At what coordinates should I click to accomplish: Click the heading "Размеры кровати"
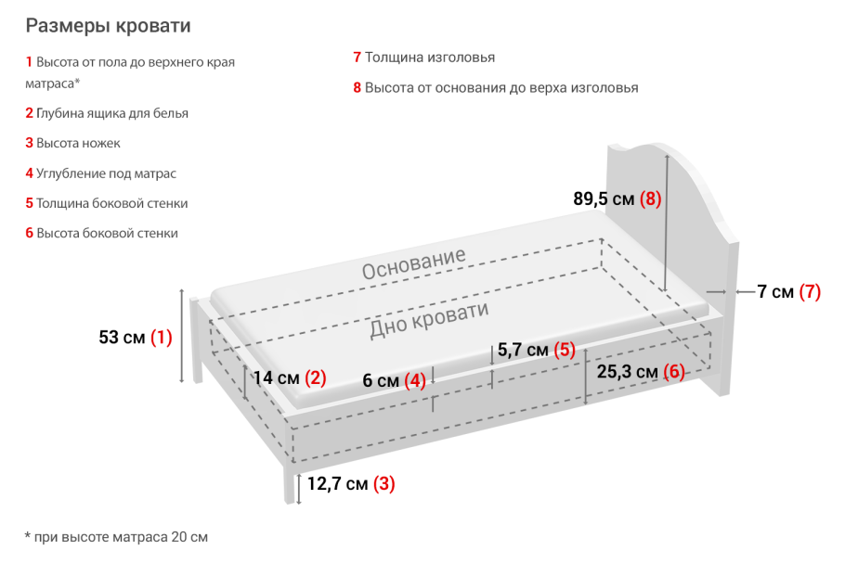pyautogui.click(x=108, y=25)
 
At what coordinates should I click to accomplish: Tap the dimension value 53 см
pyautogui.click(x=122, y=338)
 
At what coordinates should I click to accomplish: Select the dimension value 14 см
pyautogui.click(x=276, y=378)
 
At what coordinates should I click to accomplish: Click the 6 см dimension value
pyautogui.click(x=381, y=381)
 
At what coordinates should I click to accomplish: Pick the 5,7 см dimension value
pyautogui.click(x=525, y=351)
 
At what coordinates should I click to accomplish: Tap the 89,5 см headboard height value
pyautogui.click(x=604, y=198)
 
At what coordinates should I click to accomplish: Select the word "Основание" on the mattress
pyautogui.click(x=413, y=264)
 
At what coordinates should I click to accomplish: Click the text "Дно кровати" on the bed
pyautogui.click(x=428, y=320)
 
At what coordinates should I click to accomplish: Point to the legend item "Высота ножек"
pyautogui.click(x=78, y=143)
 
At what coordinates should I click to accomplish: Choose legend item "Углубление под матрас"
pyautogui.click(x=106, y=173)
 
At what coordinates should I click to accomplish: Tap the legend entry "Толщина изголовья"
pyautogui.click(x=429, y=58)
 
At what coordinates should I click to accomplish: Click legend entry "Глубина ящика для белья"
pyautogui.click(x=112, y=113)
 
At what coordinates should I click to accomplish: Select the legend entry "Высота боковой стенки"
pyautogui.click(x=107, y=233)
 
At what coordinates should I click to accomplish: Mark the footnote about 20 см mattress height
pyautogui.click(x=116, y=537)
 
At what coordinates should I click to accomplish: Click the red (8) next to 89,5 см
pyautogui.click(x=650, y=198)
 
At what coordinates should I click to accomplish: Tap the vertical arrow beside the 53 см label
pyautogui.click(x=183, y=336)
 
